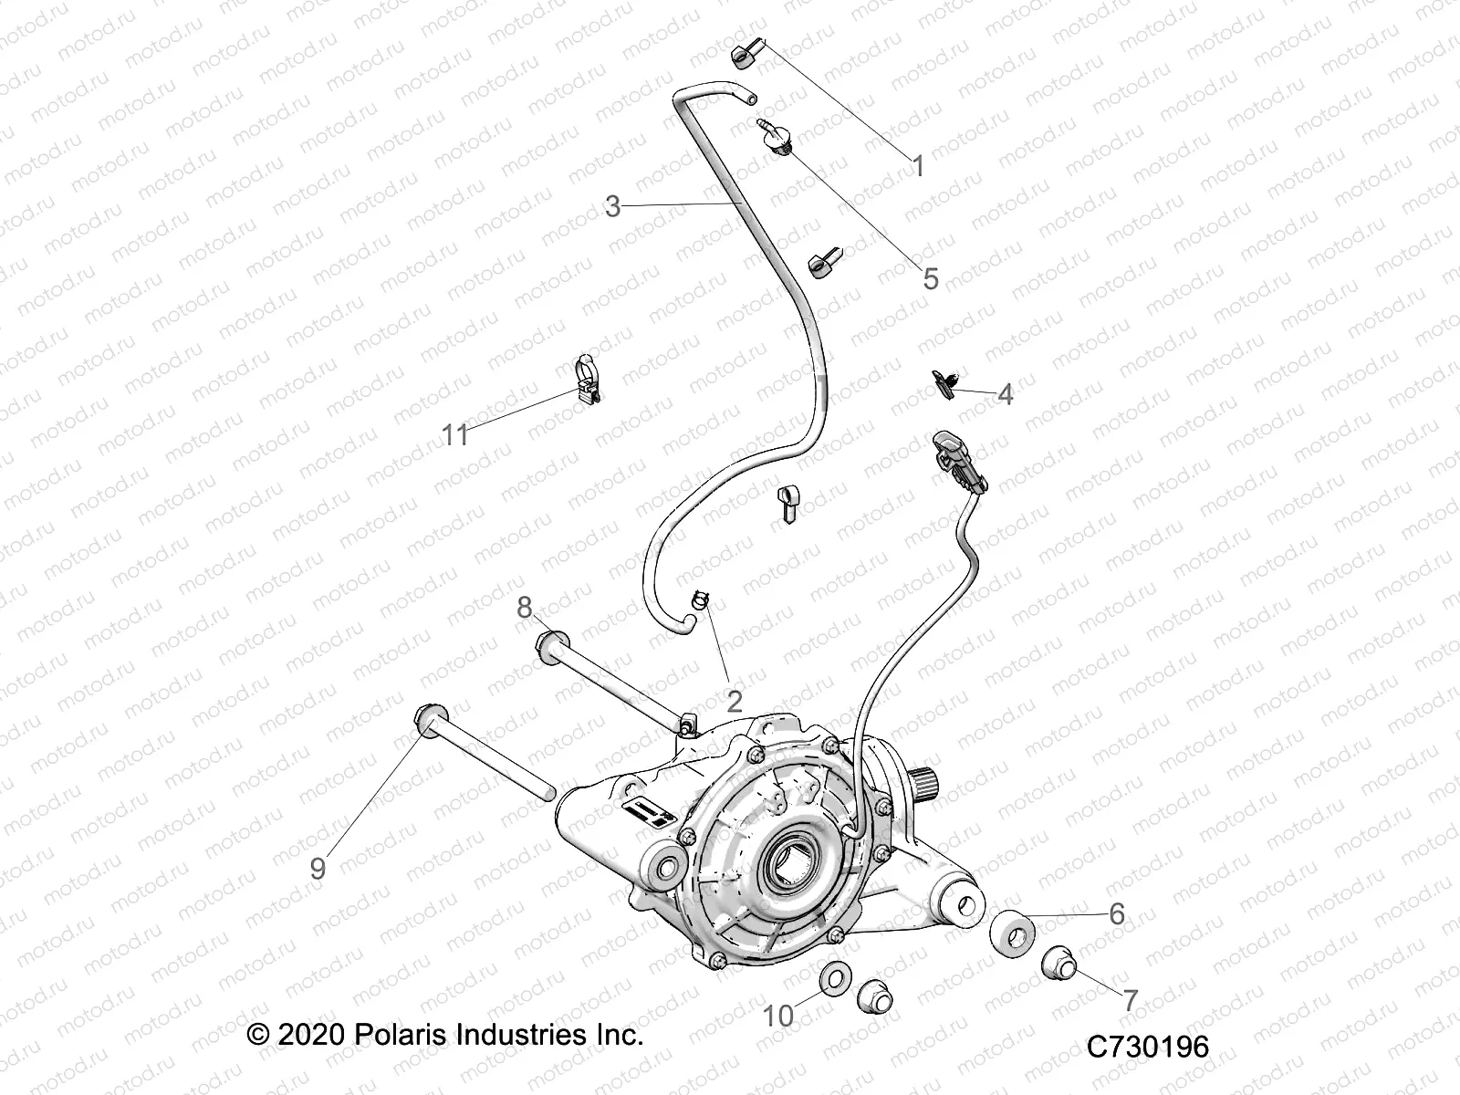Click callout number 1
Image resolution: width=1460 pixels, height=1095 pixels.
click(919, 167)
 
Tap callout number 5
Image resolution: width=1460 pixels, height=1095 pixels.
click(930, 278)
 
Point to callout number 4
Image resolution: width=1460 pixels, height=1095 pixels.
click(1005, 395)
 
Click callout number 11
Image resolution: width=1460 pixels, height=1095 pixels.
click(455, 435)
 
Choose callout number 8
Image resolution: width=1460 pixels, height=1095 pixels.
click(525, 607)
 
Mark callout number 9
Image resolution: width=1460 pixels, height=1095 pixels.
click(318, 868)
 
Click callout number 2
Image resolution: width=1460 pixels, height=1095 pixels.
click(734, 701)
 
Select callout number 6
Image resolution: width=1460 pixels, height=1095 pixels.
click(1117, 912)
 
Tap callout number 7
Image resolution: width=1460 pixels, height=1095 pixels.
click(1130, 1001)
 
